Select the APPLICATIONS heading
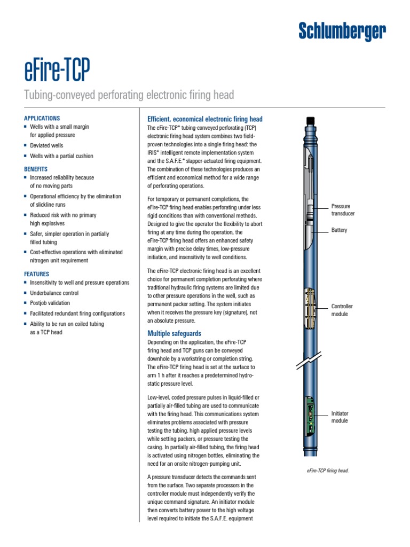(42, 118)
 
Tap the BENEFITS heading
(36, 169)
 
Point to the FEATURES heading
(37, 273)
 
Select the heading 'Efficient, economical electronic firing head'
(204, 119)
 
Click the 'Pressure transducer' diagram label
(343, 209)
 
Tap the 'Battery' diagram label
(339, 230)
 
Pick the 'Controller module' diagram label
(342, 310)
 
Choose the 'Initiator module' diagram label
(340, 417)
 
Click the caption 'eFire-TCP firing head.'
(328, 471)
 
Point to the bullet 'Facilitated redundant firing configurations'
(77, 314)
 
